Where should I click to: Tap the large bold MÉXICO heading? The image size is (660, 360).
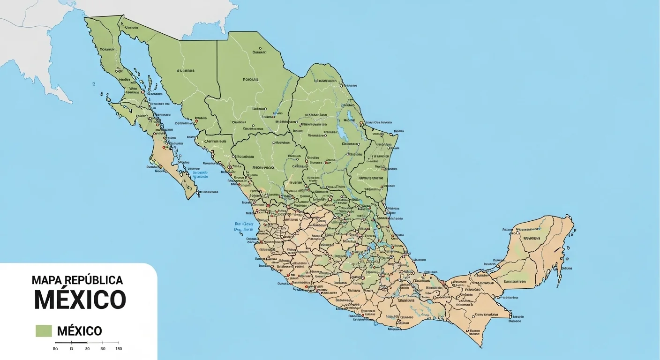pos(80,300)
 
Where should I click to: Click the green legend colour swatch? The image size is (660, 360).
pos(44,331)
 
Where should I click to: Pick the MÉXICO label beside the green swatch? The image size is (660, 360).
pos(79,331)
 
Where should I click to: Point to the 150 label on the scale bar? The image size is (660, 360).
pos(118,349)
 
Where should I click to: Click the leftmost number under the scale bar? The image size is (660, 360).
pos(55,349)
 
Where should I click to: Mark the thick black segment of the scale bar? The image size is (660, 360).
pos(64,343)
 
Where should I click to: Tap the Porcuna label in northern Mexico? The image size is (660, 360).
pos(250,80)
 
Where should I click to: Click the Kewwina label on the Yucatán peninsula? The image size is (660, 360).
pos(532,238)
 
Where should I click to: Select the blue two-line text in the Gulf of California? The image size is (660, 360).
pos(200,174)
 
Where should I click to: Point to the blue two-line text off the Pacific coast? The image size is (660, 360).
pos(244,227)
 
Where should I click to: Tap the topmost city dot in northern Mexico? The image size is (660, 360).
pos(260,47)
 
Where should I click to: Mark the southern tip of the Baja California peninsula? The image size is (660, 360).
pos(190,198)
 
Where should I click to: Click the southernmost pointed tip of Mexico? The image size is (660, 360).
pos(481,347)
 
